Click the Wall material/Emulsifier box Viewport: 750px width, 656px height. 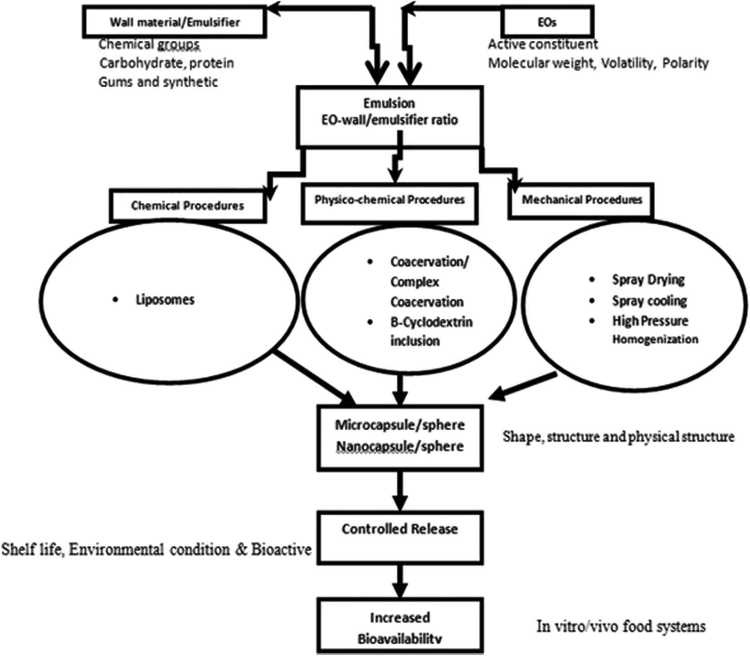click(x=174, y=22)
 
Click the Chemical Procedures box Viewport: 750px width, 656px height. click(x=187, y=206)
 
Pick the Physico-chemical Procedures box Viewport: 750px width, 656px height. click(x=390, y=200)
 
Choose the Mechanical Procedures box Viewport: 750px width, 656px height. click(x=581, y=200)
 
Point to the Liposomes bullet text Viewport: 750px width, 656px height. click(x=165, y=300)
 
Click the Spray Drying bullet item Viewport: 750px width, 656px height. click(x=648, y=280)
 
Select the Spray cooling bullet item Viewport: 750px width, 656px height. click(x=649, y=301)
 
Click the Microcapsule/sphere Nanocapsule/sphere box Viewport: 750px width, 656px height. click(x=399, y=436)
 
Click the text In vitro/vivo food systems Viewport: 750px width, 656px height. click(x=621, y=627)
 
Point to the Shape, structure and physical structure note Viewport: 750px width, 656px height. click(x=618, y=437)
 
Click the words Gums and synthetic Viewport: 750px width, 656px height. click(x=158, y=82)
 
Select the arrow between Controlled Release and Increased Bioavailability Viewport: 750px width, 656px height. click(x=399, y=581)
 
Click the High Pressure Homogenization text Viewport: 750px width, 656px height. click(x=654, y=330)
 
